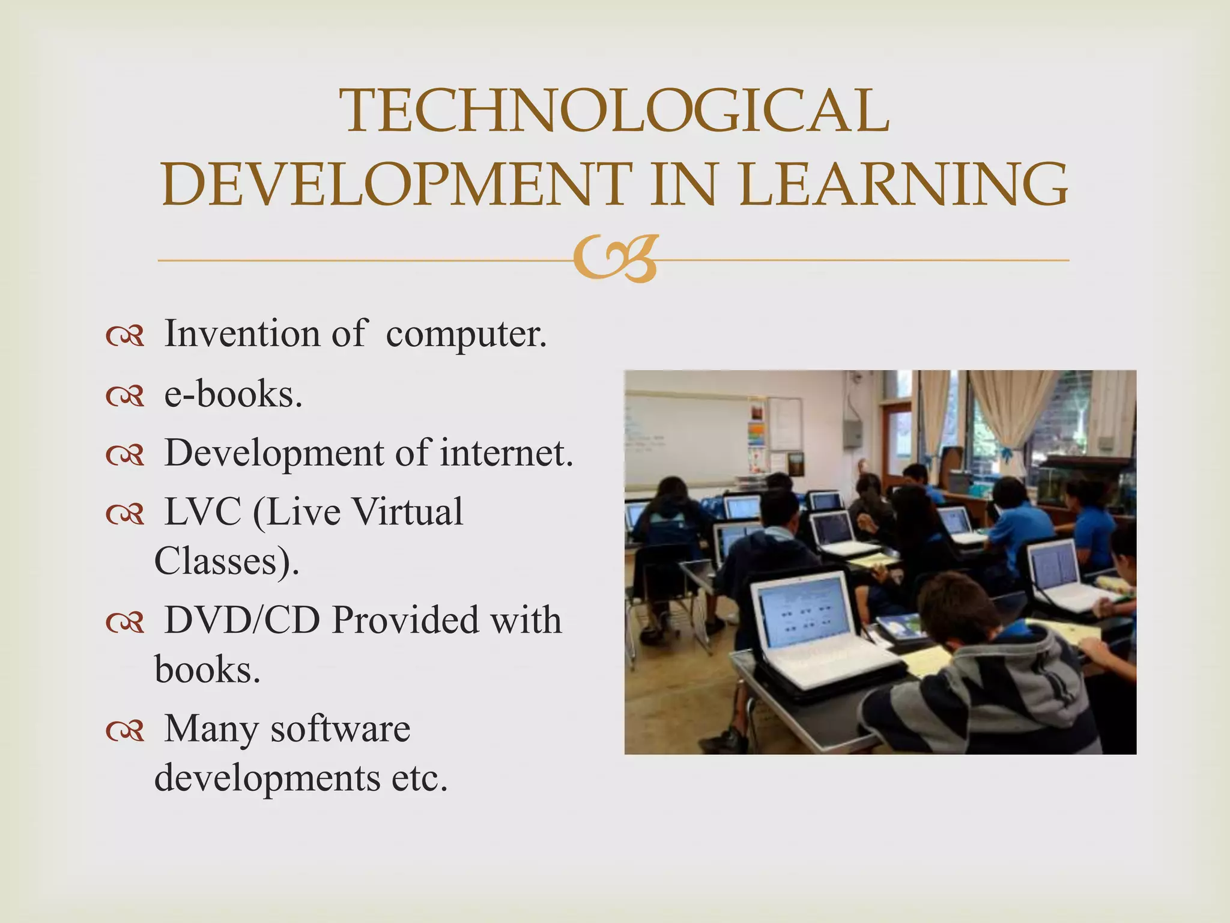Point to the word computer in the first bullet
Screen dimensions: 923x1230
pos(466,334)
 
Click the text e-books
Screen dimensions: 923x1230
pos(233,395)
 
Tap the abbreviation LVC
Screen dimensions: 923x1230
pos(202,512)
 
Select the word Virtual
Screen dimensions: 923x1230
pos(407,512)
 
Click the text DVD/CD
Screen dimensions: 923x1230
pos(242,620)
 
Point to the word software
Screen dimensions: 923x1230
pos(340,728)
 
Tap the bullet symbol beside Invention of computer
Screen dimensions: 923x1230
pos(125,337)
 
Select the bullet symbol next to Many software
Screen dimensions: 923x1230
pos(125,731)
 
